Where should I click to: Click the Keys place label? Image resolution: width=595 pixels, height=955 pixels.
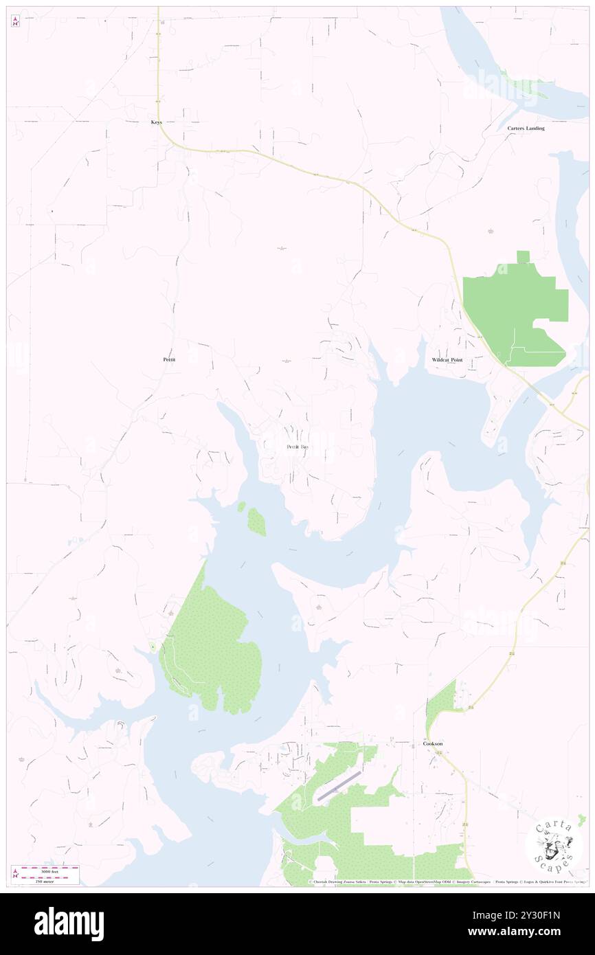pyautogui.click(x=157, y=122)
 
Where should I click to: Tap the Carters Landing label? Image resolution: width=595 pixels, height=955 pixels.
pyautogui.click(x=526, y=128)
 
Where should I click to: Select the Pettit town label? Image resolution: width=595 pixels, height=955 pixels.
pyautogui.click(x=169, y=359)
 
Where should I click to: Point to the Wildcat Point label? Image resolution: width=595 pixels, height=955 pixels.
pyautogui.click(x=447, y=360)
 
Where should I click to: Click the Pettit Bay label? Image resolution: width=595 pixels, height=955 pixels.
pyautogui.click(x=297, y=447)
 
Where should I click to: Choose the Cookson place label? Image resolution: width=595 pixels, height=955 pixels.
pyautogui.click(x=433, y=743)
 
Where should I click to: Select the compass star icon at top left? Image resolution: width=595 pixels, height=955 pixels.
pyautogui.click(x=15, y=22)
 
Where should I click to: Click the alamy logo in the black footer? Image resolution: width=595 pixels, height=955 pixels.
pyautogui.click(x=69, y=923)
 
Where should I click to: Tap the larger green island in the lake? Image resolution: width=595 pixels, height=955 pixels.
pyautogui.click(x=256, y=522)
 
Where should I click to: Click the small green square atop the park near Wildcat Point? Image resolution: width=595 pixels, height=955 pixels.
pyautogui.click(x=524, y=257)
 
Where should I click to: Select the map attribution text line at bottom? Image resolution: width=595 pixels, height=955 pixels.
pyautogui.click(x=447, y=881)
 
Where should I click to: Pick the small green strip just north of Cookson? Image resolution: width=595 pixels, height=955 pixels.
pyautogui.click(x=439, y=708)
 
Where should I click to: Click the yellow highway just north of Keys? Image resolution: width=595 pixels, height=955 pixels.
pyautogui.click(x=158, y=69)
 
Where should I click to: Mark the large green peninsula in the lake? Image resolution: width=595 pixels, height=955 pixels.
pyautogui.click(x=210, y=646)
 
